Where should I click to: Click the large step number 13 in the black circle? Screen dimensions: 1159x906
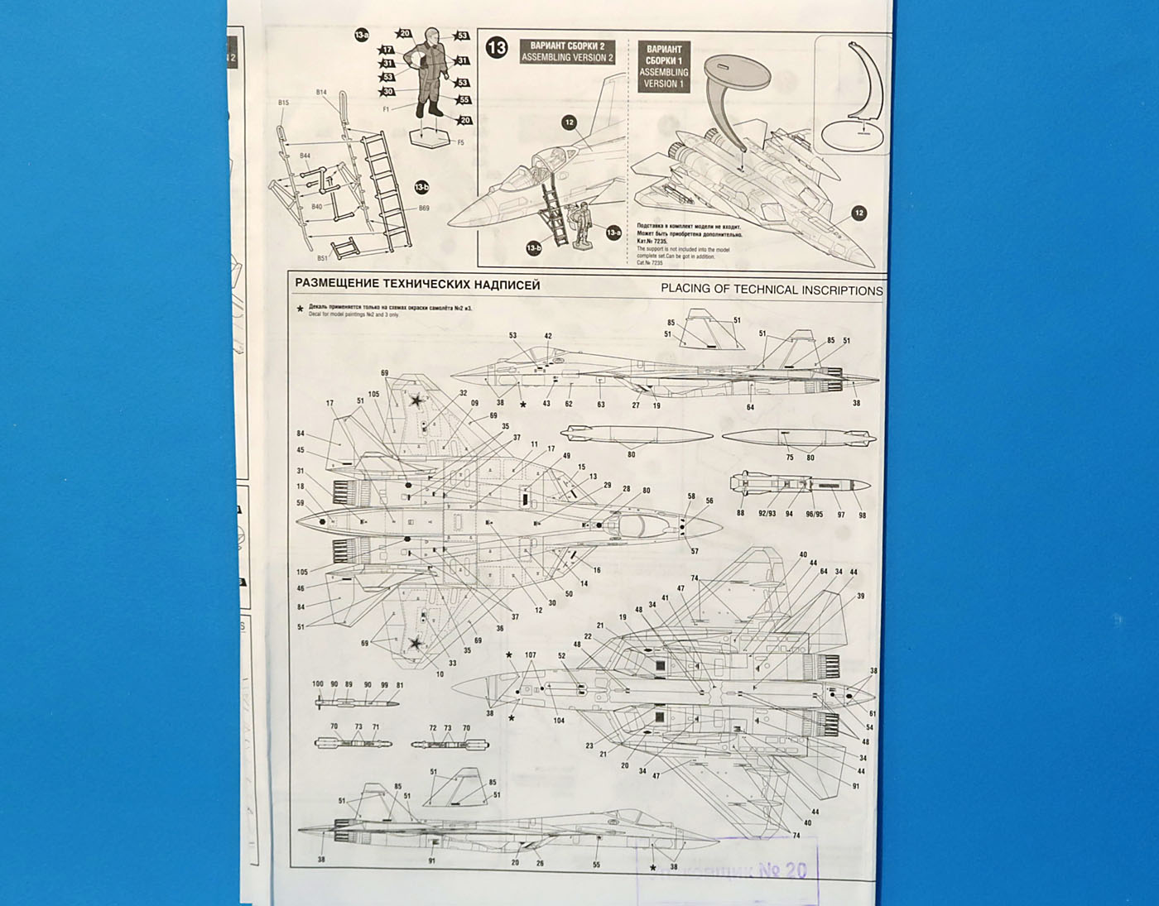coord(497,48)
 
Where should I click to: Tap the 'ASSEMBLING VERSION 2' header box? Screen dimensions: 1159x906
coord(567,51)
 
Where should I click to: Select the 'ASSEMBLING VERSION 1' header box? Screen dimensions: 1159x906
coord(664,66)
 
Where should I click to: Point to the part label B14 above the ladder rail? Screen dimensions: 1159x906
coord(321,93)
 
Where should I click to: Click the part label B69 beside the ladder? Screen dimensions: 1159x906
coord(424,209)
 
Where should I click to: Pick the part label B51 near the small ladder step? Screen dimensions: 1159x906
coord(322,258)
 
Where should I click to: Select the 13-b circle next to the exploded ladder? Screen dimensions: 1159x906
coord(421,187)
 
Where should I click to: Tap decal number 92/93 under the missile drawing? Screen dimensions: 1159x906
coord(767,514)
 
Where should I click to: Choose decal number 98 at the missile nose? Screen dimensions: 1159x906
coord(862,515)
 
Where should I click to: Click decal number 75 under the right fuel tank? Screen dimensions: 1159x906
coord(790,458)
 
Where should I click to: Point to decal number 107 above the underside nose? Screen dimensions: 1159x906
coord(531,655)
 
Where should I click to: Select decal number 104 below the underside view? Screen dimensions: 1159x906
coord(559,721)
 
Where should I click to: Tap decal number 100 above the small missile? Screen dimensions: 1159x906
coord(318,684)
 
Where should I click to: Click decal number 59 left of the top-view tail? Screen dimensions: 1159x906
coord(301,503)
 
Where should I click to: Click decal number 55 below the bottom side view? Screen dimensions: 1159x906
coord(597,865)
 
